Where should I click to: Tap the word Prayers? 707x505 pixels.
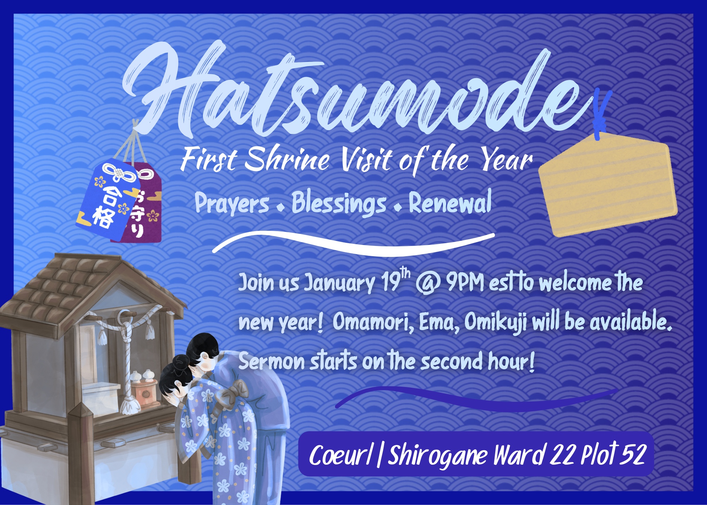[x=232, y=203]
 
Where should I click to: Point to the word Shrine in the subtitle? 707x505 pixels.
[x=287, y=160]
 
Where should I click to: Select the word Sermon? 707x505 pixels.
[x=271, y=361]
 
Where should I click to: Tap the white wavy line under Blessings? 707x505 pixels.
[x=353, y=243]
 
